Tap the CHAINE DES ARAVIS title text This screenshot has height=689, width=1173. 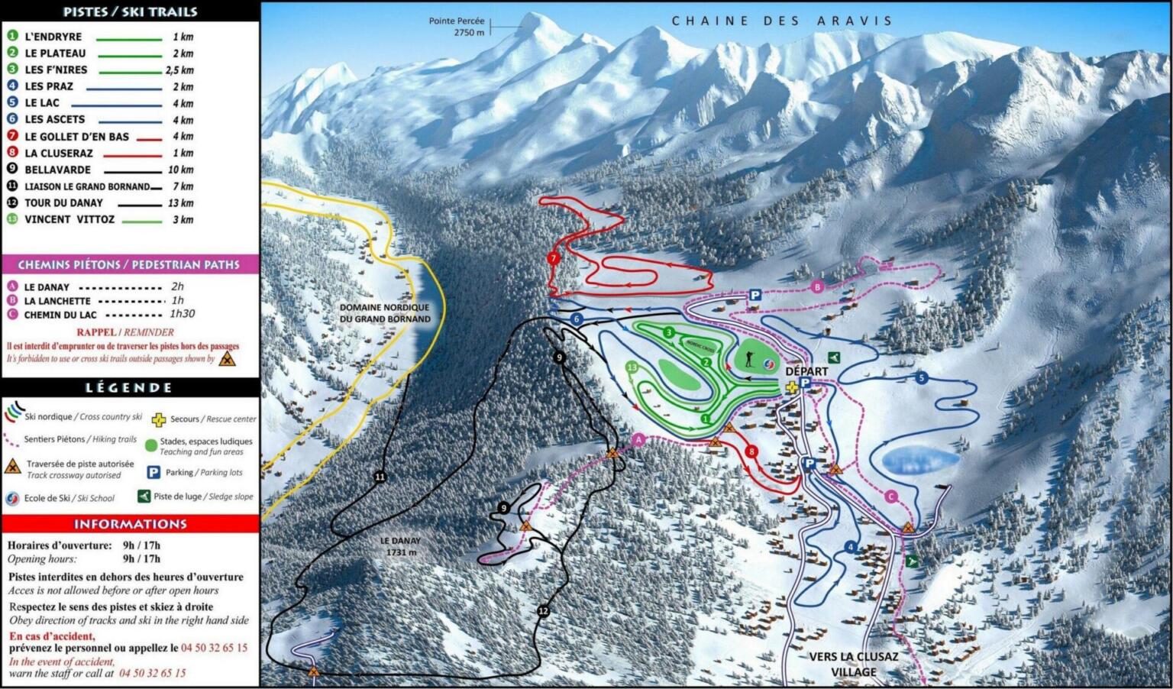(x=781, y=21)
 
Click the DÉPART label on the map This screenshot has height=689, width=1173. (x=806, y=371)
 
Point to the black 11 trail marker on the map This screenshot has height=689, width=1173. (x=380, y=477)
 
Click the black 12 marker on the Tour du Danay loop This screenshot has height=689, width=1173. (x=544, y=611)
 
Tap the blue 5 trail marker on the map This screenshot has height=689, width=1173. (x=922, y=378)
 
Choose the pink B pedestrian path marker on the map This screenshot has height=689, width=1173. (x=818, y=287)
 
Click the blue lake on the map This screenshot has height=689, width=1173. (x=920, y=461)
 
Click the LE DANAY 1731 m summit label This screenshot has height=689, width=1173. (x=401, y=546)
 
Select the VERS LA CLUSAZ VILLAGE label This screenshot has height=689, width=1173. (x=853, y=664)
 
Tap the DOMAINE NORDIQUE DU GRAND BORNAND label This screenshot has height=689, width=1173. (x=385, y=313)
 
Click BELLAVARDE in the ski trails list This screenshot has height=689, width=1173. (x=57, y=170)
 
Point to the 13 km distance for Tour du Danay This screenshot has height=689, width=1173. (x=181, y=203)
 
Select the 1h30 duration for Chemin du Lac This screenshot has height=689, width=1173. (x=182, y=314)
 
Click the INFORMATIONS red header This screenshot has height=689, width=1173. (x=130, y=524)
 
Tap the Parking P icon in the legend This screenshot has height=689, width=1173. (x=153, y=473)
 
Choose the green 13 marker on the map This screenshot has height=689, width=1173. (x=632, y=367)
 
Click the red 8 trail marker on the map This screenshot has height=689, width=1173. (x=751, y=451)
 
